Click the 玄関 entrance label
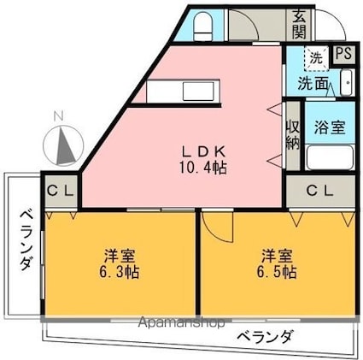pyautogui.click(x=299, y=24)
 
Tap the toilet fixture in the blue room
pyautogui.click(x=203, y=28)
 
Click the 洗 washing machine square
pyautogui.click(x=316, y=57)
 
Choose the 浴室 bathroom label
pyautogui.click(x=329, y=128)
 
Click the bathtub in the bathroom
pyautogui.click(x=328, y=158)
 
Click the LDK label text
pyautogui.click(x=202, y=146)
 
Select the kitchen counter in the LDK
pyautogui.click(x=176, y=90)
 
